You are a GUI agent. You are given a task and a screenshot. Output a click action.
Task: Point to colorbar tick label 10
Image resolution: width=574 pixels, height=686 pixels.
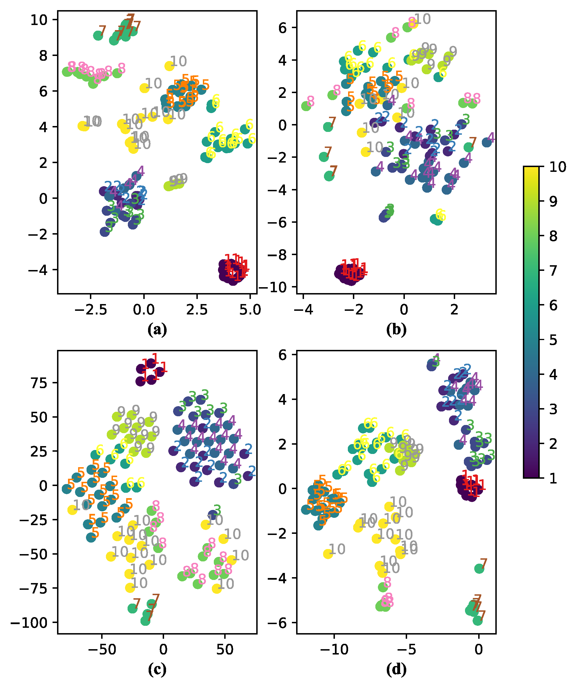(557, 167)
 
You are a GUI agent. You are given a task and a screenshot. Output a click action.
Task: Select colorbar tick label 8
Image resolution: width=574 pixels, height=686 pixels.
(553, 236)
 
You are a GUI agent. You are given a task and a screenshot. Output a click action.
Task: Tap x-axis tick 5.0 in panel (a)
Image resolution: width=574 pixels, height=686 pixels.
(250, 310)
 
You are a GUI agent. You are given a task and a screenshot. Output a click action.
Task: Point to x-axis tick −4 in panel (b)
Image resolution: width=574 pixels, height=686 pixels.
(303, 310)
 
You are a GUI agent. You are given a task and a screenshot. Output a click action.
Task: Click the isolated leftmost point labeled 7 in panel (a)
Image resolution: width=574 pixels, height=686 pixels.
(98, 36)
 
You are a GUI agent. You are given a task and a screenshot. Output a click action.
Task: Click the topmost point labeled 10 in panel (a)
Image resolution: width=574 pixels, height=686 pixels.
(169, 66)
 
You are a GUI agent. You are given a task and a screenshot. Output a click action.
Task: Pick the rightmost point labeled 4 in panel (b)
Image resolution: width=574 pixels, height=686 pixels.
(487, 142)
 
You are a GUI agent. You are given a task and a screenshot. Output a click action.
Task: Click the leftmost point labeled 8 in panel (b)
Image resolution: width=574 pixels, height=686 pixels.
(306, 106)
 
